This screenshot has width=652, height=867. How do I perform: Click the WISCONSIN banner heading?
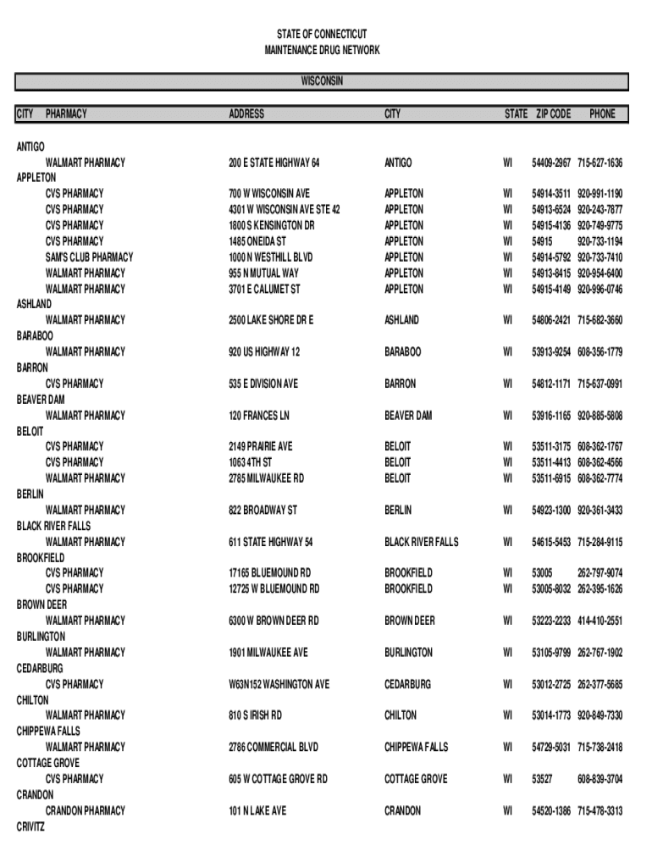click(x=322, y=81)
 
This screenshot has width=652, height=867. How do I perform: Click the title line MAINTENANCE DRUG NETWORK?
click(x=322, y=51)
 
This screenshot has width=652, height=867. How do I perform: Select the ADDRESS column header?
click(x=246, y=113)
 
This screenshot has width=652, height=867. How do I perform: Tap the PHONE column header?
click(x=603, y=113)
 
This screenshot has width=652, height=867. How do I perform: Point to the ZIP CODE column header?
click(x=553, y=113)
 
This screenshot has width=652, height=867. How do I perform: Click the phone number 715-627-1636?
click(x=600, y=162)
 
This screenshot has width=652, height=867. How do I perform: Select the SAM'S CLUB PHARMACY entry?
click(x=89, y=257)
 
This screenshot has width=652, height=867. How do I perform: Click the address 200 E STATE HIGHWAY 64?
click(x=274, y=162)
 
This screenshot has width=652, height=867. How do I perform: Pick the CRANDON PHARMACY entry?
click(x=85, y=810)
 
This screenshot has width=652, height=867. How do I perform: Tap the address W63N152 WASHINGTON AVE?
click(x=279, y=684)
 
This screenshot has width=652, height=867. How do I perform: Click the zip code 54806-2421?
click(x=551, y=320)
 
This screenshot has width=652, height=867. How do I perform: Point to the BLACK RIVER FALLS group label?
click(x=53, y=526)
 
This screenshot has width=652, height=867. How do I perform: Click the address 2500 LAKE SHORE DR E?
click(x=271, y=320)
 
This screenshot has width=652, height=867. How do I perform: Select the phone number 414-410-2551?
click(x=600, y=621)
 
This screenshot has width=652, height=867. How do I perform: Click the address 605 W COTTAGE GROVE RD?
click(x=278, y=779)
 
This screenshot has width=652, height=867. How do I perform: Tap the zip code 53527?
click(x=542, y=779)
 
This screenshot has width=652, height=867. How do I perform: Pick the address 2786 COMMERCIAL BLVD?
click(x=273, y=747)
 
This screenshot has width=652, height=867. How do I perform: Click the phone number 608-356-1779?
click(x=600, y=351)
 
